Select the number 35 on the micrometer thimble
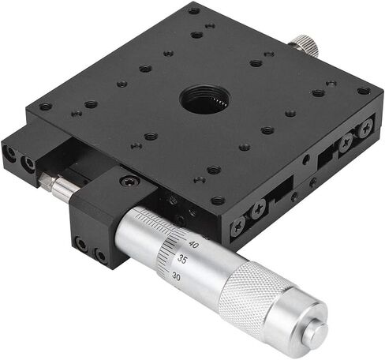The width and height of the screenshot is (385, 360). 182,259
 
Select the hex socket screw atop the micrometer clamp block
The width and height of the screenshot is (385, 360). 125,182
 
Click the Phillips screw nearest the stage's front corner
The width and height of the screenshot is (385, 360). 237,225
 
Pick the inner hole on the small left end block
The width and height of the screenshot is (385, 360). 30,164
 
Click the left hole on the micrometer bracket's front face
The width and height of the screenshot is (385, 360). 82,246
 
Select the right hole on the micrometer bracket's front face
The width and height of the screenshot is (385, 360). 100,254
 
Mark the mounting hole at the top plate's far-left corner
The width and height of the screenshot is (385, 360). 45,107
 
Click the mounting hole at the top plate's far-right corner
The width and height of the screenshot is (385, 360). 363,91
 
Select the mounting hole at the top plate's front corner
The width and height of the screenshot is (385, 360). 218,201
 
